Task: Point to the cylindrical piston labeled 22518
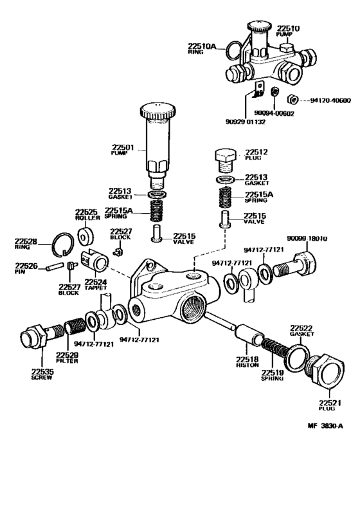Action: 247,335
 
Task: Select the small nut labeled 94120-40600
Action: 291,100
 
